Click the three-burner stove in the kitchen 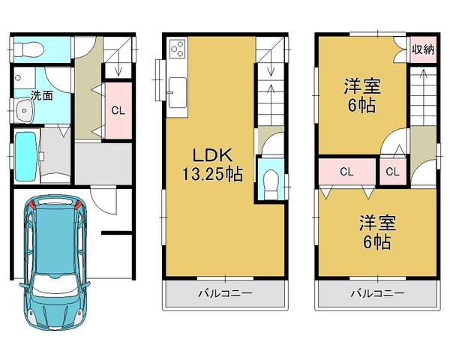(x=178, y=49)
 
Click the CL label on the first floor (x=117, y=110)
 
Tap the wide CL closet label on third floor (x=346, y=172)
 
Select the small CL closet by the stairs (x=392, y=172)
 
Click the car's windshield (x=57, y=287)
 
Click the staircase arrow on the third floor (x=422, y=75)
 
